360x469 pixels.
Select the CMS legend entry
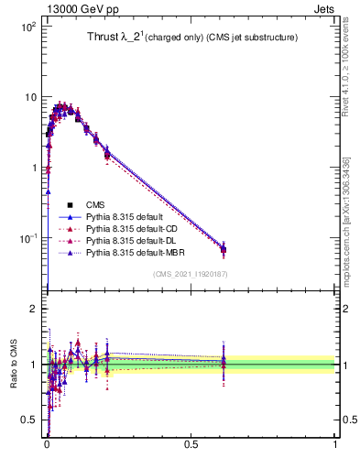point(96,205)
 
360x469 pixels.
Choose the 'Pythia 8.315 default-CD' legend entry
point(134,229)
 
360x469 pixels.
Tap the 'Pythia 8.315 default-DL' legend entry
point(134,241)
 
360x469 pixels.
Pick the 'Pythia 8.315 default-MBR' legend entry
point(136,253)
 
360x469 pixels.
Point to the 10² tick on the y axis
point(28,27)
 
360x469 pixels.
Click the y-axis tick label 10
point(30,97)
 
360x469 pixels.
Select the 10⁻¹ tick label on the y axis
point(27,238)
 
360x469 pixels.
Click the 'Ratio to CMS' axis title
point(13,365)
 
